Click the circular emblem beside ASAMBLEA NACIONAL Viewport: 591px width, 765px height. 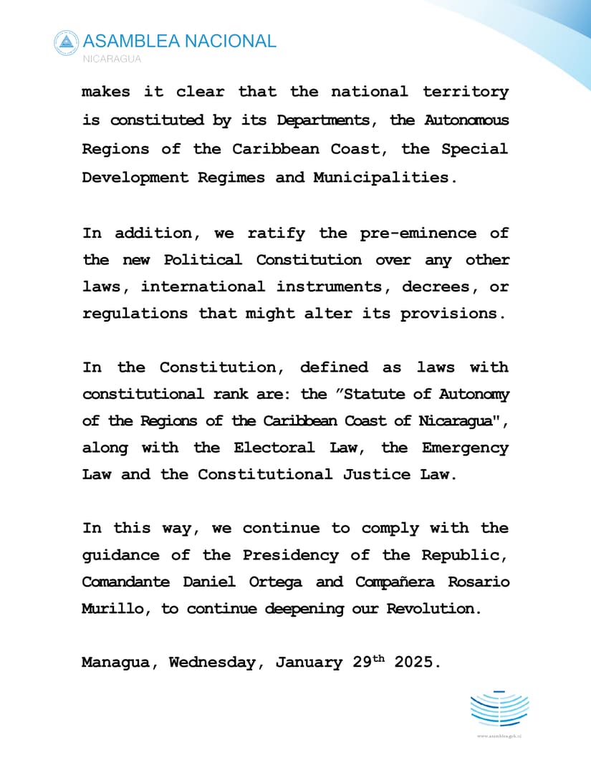[66, 42]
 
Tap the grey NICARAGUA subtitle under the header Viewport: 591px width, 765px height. [112, 59]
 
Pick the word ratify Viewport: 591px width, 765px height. [276, 233]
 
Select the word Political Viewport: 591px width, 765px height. [198, 259]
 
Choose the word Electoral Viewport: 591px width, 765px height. [274, 448]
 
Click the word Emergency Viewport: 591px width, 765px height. [465, 448]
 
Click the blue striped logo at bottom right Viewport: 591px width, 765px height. [499, 708]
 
